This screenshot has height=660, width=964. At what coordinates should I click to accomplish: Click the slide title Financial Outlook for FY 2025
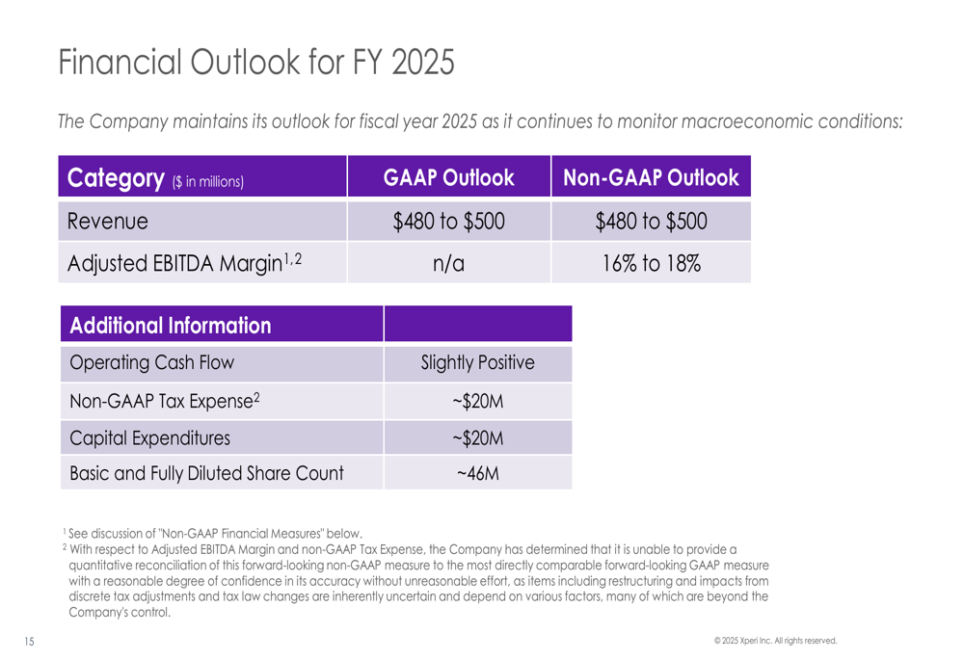(255, 62)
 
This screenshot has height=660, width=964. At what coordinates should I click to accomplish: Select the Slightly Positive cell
(478, 363)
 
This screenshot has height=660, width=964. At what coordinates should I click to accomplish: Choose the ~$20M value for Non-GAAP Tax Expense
(478, 401)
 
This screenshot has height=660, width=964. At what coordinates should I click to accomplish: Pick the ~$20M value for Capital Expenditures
(478, 437)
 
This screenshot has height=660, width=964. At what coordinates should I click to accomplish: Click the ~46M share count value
(478, 474)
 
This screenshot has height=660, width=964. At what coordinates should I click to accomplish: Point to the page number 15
(28, 641)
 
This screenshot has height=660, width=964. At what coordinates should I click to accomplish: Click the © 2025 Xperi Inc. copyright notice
(775, 640)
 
